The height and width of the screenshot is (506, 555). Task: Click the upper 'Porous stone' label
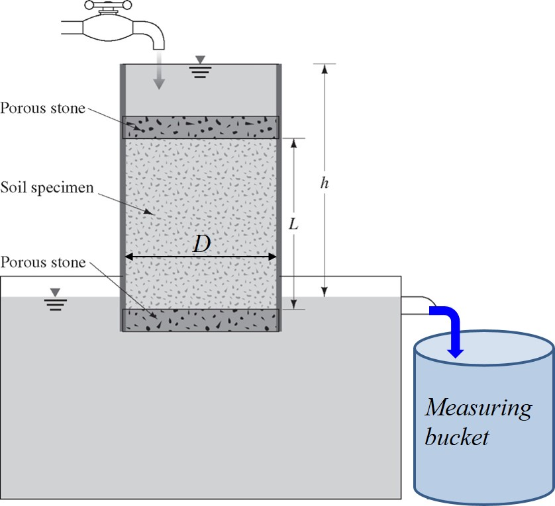pos(43,108)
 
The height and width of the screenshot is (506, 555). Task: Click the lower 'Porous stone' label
pos(43,263)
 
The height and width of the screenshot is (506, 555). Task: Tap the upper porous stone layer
pos(201,127)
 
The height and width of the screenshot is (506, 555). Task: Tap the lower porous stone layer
pos(201,320)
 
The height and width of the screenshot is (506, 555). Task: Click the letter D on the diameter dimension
pos(201,243)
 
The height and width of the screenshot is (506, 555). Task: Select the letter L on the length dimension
pos(294,224)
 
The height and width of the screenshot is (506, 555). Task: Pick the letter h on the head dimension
pos(324,183)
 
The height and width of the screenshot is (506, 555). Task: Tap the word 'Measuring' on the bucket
pos(478,408)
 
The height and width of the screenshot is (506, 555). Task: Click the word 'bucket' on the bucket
pos(457,437)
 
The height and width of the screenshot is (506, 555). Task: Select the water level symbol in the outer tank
pos(56,299)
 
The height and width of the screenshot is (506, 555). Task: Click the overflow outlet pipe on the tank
pos(417,304)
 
